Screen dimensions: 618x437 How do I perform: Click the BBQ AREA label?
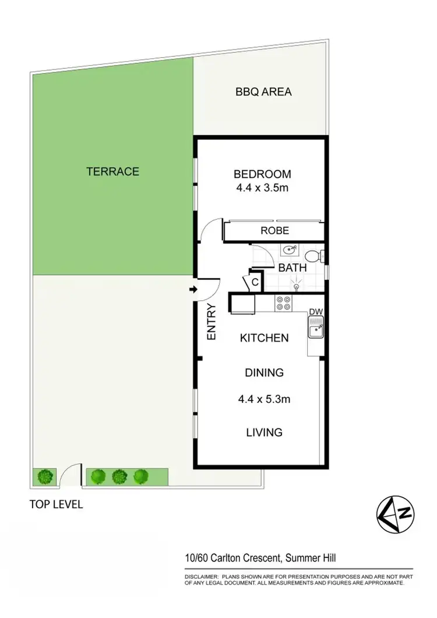pos(263,92)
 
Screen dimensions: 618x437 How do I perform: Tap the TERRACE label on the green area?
pos(112,171)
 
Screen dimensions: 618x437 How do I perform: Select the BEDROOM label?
pos(262,174)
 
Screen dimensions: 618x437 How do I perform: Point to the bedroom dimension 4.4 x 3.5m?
pos(262,189)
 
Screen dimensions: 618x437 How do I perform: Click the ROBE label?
pos(274,231)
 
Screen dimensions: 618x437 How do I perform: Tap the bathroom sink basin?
pos(288,251)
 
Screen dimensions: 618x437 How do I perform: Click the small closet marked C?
pos(255,282)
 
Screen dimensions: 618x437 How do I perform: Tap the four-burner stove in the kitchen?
pos(283,303)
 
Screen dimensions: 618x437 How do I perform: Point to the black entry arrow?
pos(193,290)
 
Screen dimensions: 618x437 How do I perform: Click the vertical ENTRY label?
pos(212,322)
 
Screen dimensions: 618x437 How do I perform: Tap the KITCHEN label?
pos(264,338)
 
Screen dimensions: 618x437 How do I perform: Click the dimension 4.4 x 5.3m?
pos(264,399)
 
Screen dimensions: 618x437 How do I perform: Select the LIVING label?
pos(264,432)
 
